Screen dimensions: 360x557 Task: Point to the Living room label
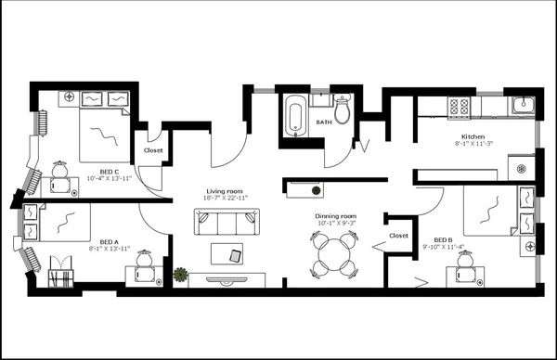coord(227,191)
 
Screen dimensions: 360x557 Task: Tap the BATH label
coord(324,122)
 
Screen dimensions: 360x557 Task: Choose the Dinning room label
coord(336,216)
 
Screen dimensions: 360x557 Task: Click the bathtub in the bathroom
coord(296,116)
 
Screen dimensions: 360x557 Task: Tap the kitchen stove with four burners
coord(459,107)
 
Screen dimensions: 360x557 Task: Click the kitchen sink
coord(523,105)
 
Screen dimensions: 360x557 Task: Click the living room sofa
coord(226,222)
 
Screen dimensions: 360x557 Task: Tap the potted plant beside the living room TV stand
coord(180,275)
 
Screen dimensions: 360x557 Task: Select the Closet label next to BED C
coord(154,149)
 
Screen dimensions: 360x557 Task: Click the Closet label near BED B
coord(399,236)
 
